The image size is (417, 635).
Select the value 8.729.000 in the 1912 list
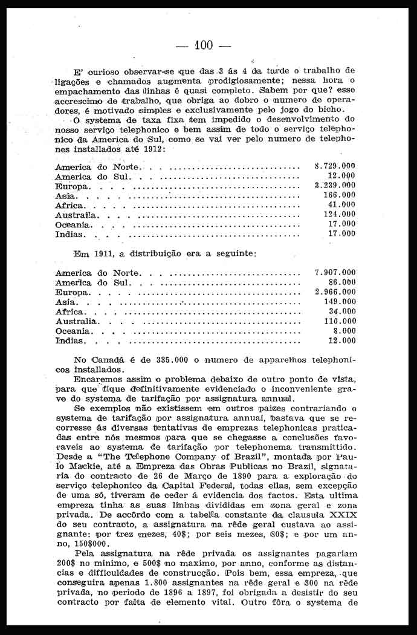pyautogui.click(x=335, y=165)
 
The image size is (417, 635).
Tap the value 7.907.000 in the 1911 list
pyautogui.click(x=335, y=272)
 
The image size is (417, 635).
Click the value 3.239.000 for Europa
pyautogui.click(x=335, y=185)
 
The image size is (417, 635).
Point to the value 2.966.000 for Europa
pyautogui.click(x=335, y=291)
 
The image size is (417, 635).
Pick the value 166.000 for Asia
pyautogui.click(x=339, y=195)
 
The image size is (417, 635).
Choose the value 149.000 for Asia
pyautogui.click(x=339, y=301)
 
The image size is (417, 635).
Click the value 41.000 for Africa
pyautogui.click(x=341, y=204)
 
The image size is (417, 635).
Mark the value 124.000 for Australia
pyautogui.click(x=339, y=214)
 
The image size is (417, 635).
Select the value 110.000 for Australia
pyautogui.click(x=339, y=321)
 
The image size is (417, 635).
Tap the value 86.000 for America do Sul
pyautogui.click(x=341, y=282)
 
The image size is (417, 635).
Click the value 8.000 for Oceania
pyautogui.click(x=344, y=331)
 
